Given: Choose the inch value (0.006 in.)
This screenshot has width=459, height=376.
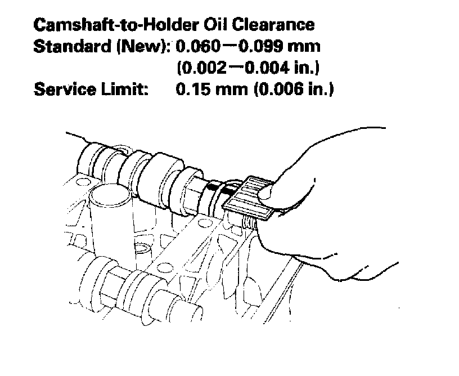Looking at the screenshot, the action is click(293, 89).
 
